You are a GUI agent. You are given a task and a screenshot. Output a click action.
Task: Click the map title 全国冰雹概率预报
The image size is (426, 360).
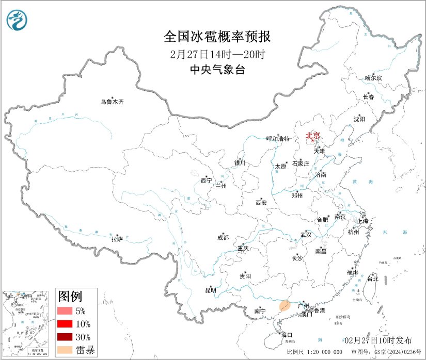[217, 37]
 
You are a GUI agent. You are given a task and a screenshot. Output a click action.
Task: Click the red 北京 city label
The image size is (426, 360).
[313, 136]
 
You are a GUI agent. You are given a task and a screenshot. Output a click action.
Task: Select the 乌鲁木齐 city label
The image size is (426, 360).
[112, 102]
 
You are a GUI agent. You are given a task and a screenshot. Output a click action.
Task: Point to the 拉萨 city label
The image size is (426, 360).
[117, 239]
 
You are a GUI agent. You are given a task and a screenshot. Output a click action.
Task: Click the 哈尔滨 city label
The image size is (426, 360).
[373, 78]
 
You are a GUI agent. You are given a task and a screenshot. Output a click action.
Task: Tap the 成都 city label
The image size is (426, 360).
[223, 238]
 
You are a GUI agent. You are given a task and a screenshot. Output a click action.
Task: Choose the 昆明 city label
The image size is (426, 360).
[211, 290]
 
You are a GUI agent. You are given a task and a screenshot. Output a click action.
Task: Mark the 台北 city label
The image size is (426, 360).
[372, 279]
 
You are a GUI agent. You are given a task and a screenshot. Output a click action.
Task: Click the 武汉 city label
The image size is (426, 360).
[306, 235]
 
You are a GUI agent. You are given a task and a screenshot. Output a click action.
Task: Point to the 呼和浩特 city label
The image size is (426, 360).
[278, 139]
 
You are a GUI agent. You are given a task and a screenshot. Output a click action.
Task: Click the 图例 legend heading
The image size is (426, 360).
[70, 297]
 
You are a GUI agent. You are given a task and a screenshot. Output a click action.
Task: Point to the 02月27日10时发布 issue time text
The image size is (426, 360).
[378, 340]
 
